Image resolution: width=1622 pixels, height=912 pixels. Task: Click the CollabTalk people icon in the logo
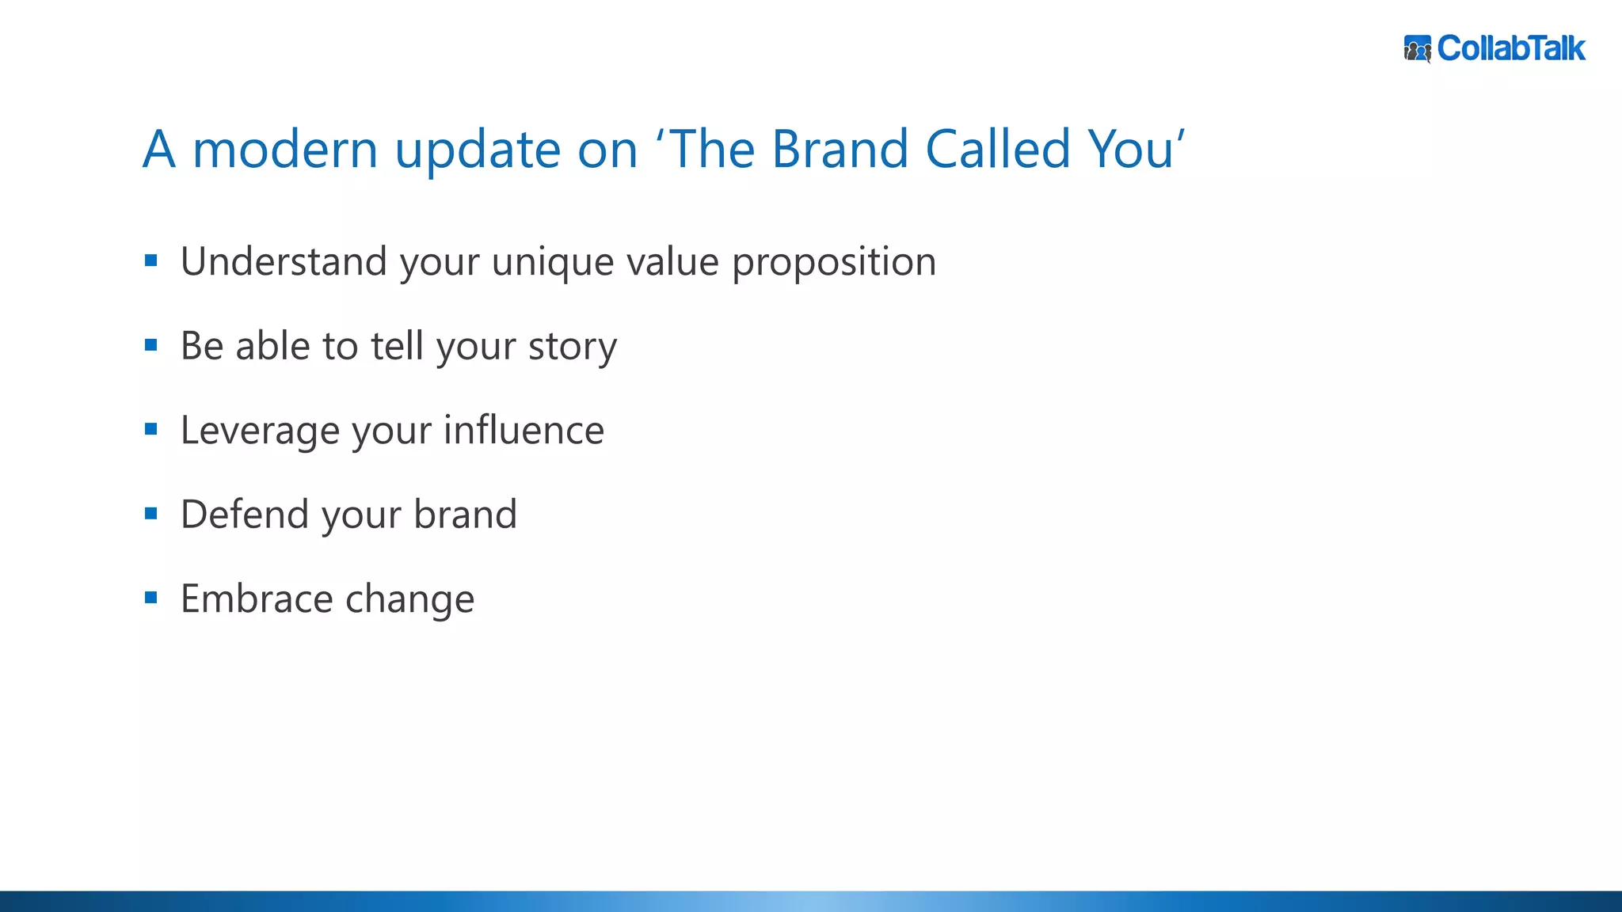tap(1417, 48)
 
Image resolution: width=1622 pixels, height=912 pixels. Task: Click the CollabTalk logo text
tap(1510, 48)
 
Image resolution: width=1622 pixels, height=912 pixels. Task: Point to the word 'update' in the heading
tap(478, 150)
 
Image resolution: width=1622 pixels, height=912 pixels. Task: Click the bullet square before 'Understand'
tap(151, 260)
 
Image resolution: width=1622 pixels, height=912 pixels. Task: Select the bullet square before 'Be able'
tap(151, 345)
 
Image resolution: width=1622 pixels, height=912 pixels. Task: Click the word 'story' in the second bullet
tap(572, 348)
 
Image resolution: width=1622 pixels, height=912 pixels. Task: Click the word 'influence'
tap(524, 430)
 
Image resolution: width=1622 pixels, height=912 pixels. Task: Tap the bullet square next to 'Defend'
tap(151, 514)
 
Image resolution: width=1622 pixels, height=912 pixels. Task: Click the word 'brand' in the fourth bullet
tap(466, 515)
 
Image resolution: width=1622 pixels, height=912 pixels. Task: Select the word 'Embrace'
tap(257, 598)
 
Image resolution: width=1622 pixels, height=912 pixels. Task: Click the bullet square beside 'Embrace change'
tap(151, 598)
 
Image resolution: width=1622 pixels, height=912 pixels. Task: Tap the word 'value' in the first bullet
tap(672, 262)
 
